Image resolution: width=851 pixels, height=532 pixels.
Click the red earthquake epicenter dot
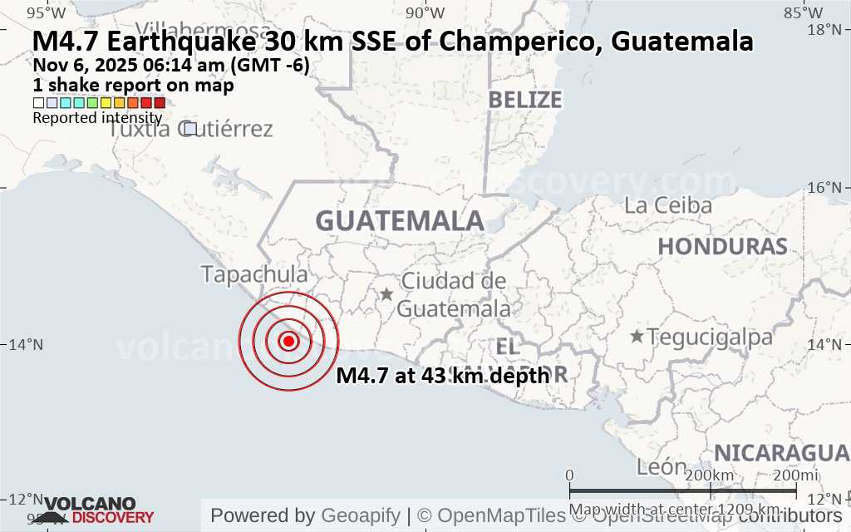pyautogui.click(x=288, y=341)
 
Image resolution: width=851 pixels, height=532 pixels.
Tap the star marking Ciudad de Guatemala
pyautogui.click(x=386, y=293)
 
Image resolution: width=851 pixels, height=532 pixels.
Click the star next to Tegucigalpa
pyautogui.click(x=637, y=337)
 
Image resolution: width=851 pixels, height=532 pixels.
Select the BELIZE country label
pyautogui.click(x=524, y=100)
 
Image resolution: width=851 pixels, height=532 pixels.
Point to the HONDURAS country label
pyautogui.click(x=722, y=246)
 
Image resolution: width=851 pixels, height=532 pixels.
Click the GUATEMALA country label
pyautogui.click(x=400, y=221)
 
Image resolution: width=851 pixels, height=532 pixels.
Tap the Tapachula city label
pyautogui.click(x=254, y=274)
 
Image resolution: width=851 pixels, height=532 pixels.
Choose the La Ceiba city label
pyautogui.click(x=668, y=205)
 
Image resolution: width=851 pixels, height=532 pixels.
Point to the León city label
pyautogui.click(x=662, y=467)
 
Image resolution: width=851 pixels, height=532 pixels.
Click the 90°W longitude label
pyautogui.click(x=423, y=12)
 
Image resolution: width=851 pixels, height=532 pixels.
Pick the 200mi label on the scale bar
pyautogui.click(x=795, y=475)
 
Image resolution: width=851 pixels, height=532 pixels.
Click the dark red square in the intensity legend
pyautogui.click(x=160, y=103)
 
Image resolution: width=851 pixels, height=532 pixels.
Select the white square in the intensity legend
pyautogui.click(x=38, y=103)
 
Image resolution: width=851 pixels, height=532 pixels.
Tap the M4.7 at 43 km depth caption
pyautogui.click(x=443, y=376)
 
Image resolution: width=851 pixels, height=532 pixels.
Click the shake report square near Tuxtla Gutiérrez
pyautogui.click(x=189, y=129)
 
